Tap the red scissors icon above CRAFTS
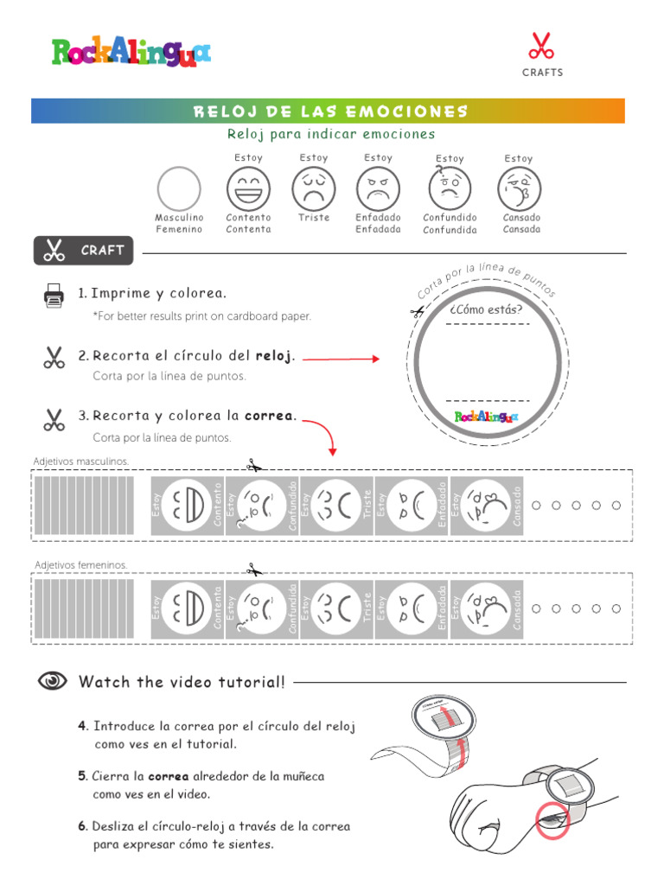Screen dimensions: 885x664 541,46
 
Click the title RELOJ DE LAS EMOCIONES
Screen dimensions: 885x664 329,111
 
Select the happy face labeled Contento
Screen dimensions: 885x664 248,188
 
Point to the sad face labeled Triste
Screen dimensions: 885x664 313,188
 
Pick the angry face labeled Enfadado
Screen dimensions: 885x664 378,188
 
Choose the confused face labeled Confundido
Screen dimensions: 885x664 450,188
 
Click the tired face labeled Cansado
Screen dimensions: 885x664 519,188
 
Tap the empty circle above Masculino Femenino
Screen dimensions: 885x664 179,188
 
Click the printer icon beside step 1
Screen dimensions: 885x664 54,296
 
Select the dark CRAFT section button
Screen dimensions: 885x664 84,251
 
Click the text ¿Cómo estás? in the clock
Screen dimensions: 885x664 487,309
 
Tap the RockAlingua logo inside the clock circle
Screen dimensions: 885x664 487,417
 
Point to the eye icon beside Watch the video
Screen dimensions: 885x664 53,682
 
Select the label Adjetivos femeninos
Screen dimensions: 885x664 81,564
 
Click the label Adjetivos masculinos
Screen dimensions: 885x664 81,462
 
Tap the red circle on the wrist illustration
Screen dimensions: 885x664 552,819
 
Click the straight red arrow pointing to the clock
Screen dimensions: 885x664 341,358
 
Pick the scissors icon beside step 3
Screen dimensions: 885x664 54,420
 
